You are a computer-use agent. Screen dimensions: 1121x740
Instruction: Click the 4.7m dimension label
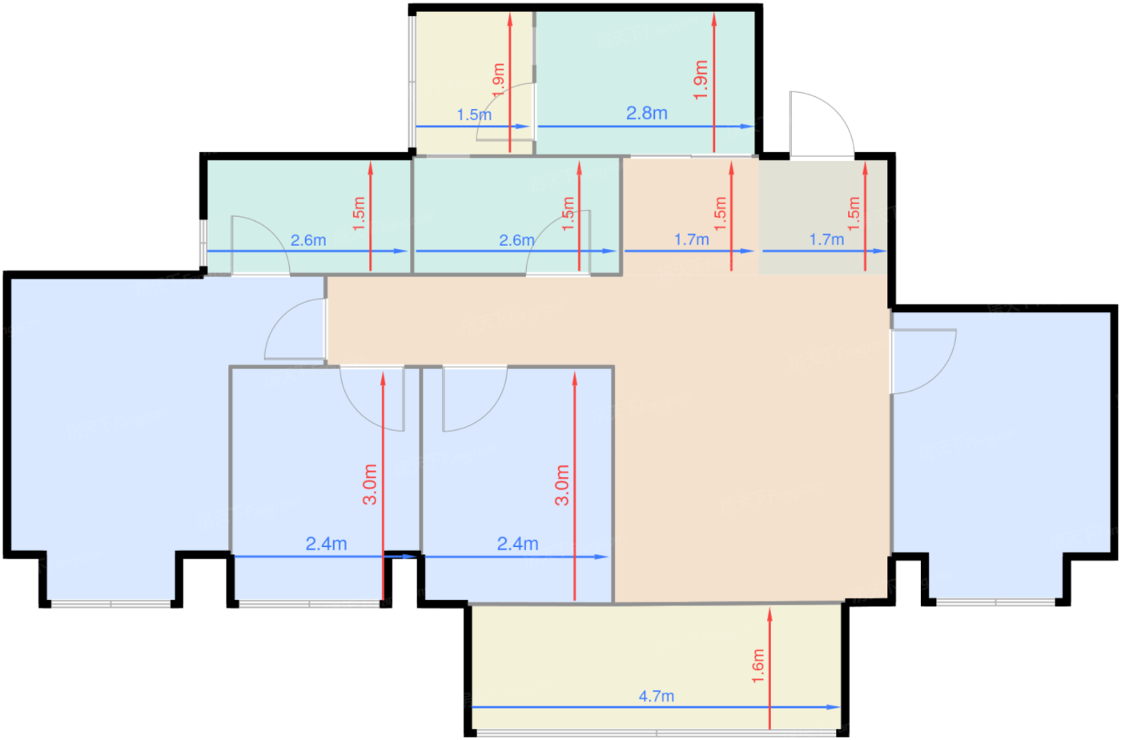pos(656,696)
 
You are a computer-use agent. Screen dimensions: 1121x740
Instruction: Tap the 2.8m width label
pos(647,113)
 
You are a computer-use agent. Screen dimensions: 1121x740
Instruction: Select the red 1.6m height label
pos(757,666)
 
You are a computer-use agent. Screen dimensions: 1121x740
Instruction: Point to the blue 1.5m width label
pos(474,115)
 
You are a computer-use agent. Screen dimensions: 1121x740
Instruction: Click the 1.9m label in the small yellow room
pos(498,80)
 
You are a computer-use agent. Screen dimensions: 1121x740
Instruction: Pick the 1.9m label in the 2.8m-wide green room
pos(701,79)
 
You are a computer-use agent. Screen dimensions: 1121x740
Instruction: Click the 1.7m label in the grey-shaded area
pos(826,239)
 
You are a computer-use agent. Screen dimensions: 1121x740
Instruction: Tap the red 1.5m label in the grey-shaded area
pos(854,213)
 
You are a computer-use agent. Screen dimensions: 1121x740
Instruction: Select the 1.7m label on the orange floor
pos(692,239)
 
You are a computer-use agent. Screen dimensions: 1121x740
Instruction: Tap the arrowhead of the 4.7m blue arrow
pos(834,707)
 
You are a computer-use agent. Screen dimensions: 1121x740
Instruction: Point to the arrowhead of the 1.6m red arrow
pos(769,614)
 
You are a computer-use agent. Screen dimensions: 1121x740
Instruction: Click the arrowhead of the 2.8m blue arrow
pos(747,127)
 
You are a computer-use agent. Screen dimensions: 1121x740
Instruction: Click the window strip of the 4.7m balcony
pos(656,733)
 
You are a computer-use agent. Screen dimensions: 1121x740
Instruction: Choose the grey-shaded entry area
pos(823,216)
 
